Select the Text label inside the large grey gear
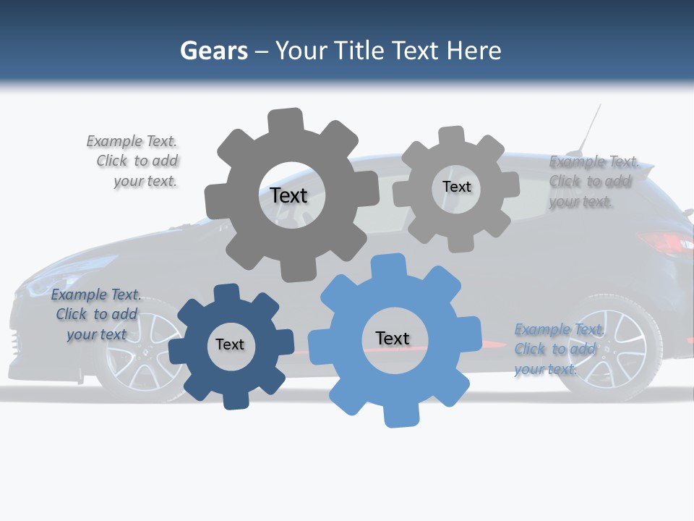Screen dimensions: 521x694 pyautogui.click(x=288, y=195)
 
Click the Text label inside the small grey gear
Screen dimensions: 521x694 pyautogui.click(x=456, y=187)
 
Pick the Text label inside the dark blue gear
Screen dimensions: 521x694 pyautogui.click(x=230, y=344)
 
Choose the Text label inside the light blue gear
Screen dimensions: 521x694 pyautogui.click(x=393, y=338)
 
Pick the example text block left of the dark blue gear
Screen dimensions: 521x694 pyautogui.click(x=96, y=314)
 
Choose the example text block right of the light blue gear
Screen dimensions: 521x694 pyautogui.click(x=557, y=349)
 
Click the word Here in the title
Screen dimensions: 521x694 pyautogui.click(x=474, y=51)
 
